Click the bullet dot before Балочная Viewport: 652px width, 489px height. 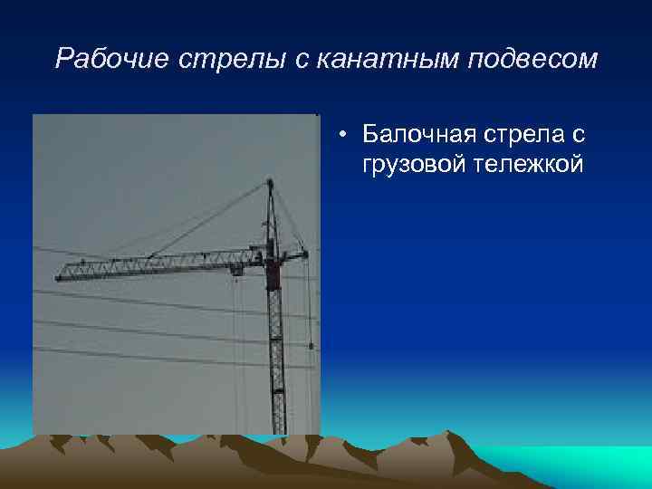[346, 137]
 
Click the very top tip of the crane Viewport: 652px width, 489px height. [269, 181]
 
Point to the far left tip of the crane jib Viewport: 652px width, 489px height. [58, 276]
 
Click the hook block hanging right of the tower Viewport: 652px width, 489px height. [311, 344]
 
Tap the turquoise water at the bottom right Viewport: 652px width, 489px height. [580, 462]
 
